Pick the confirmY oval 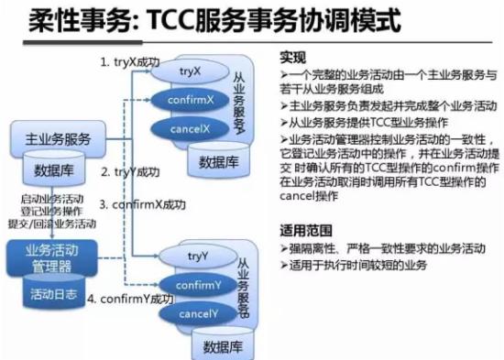click(196, 285)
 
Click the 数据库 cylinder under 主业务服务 click(54, 170)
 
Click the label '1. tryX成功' click(132, 61)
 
